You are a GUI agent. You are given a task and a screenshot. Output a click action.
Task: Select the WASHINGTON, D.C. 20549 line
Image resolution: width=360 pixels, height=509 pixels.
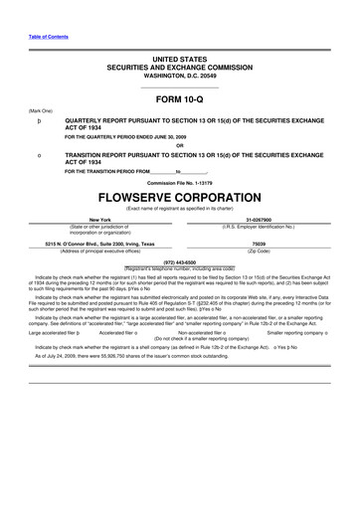click(x=180, y=76)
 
